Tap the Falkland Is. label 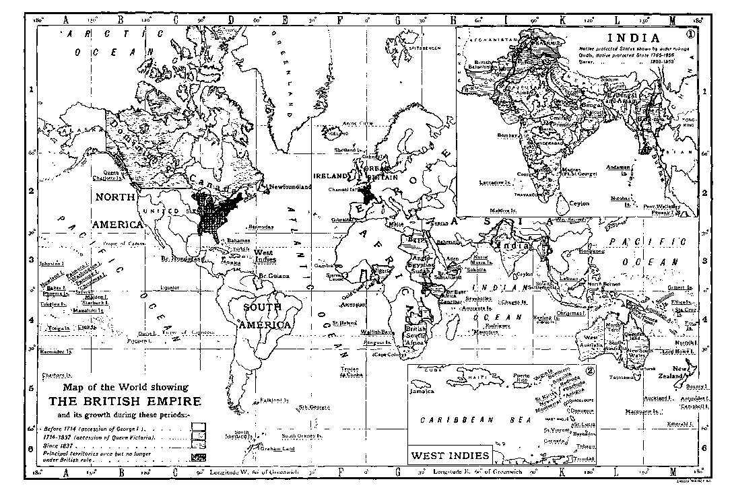click(275, 400)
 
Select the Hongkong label click(587, 251)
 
